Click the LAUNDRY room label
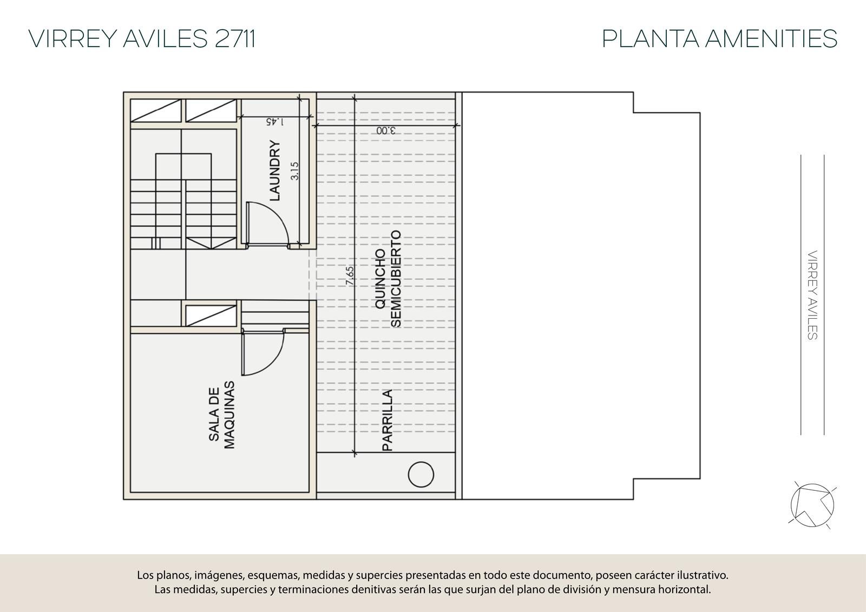coord(274,170)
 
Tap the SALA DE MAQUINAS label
coord(221,415)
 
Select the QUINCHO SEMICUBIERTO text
coord(388,279)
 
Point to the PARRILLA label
coord(387,420)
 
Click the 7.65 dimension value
coord(350,275)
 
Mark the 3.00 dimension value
coord(386,130)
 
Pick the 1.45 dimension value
coord(274,122)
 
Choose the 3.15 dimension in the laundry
coord(294,171)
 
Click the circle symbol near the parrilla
coord(421,475)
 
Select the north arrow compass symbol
coord(812,505)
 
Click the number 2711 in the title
coord(235,38)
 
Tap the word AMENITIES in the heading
coord(771,38)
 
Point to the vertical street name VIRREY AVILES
coord(812,295)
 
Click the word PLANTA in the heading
coord(651,38)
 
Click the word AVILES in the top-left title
coord(166,38)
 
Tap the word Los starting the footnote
coord(145,575)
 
